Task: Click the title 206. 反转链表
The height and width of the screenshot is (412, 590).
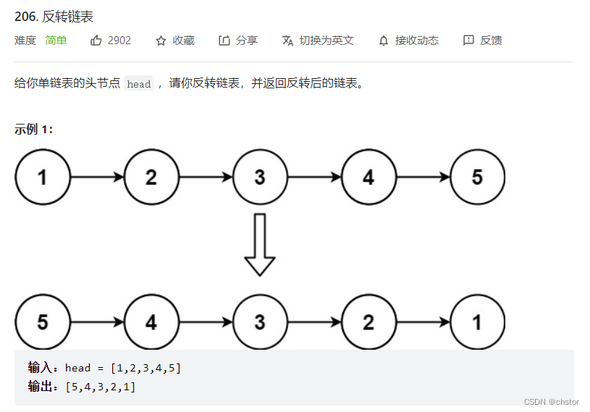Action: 54,17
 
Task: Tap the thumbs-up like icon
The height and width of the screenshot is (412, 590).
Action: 96,41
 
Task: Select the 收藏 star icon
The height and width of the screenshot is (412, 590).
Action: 161,41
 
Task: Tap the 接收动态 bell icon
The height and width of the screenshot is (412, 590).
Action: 384,41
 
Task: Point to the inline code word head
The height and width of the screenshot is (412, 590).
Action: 138,84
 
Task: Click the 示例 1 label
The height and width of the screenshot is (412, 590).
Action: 33,129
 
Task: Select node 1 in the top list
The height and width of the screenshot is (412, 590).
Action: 43,177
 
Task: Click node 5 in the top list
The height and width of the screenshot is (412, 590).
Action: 477,177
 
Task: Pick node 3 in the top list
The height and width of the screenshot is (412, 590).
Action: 260,177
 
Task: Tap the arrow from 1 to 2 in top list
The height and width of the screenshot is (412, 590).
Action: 97,177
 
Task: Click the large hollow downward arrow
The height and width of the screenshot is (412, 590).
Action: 260,244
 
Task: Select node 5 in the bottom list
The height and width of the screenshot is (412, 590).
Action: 43,321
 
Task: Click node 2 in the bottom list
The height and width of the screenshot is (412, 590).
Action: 368,321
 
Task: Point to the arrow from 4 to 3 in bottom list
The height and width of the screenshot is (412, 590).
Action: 206,321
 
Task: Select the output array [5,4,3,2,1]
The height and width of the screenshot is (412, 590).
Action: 100,387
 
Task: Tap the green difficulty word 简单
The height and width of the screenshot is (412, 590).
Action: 56,41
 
